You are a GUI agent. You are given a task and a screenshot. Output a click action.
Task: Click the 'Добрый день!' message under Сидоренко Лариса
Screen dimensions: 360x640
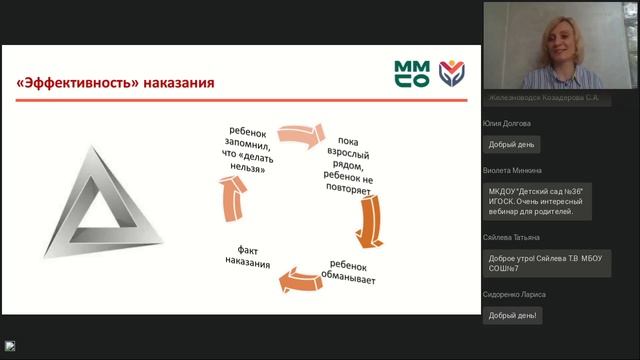point(513,316)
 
